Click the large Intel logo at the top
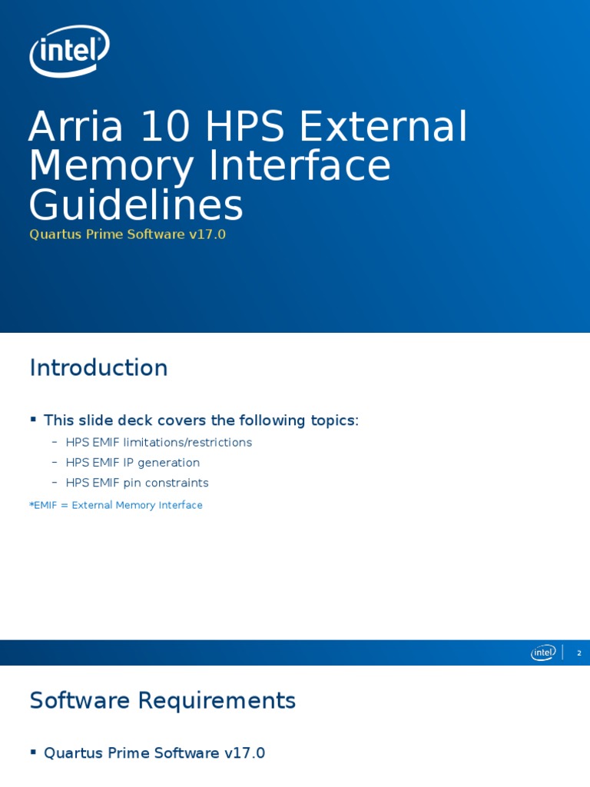click(x=69, y=51)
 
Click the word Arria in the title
click(x=75, y=128)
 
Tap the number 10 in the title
click(x=165, y=128)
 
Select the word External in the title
click(x=383, y=128)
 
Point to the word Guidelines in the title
click(x=135, y=207)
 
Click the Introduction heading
click(x=98, y=368)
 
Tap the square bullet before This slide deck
click(x=33, y=419)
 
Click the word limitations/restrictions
click(x=187, y=443)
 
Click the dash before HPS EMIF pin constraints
click(x=55, y=482)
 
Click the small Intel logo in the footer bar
click(x=543, y=653)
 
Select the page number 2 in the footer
click(x=579, y=653)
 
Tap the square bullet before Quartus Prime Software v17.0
click(x=33, y=752)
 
